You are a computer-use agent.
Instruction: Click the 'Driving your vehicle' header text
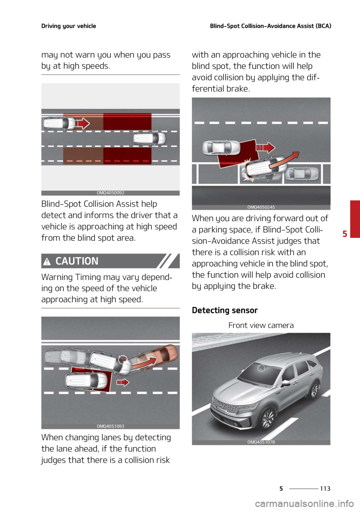69,26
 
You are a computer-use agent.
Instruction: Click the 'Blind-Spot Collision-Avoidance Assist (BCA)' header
270,26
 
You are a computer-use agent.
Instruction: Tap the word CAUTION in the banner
77,261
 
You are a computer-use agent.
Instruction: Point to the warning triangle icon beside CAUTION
47,262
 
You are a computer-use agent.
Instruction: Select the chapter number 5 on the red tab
345,233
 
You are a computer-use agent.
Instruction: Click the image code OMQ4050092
110,193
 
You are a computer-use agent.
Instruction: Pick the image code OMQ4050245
261,207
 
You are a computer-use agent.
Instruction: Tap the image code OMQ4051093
110,426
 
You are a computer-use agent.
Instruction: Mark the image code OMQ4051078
261,442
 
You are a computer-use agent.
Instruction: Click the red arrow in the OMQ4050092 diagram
82,123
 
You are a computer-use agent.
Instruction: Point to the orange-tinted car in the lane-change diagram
159,357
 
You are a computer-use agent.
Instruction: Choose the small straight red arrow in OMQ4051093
123,382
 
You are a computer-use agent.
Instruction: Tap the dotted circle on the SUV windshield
261,368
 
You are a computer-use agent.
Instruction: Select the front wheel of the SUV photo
268,418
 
